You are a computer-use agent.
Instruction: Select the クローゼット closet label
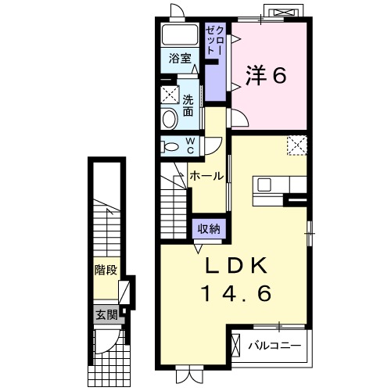coord(215,40)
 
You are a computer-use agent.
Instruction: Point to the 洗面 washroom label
coord(188,105)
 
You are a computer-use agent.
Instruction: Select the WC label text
coord(190,145)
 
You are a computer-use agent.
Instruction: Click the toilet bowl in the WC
coord(170,146)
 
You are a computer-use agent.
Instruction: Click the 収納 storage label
coord(208,228)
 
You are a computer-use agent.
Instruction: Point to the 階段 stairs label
coord(106,271)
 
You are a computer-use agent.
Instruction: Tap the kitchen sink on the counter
coord(264,185)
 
